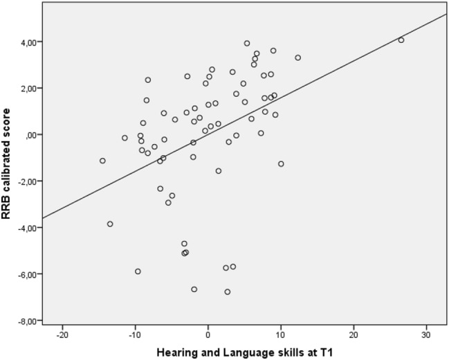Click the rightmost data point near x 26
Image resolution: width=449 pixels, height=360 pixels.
coord(401,40)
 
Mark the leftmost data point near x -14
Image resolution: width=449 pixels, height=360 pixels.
coord(102,161)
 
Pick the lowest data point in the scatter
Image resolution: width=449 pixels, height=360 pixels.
coord(227,292)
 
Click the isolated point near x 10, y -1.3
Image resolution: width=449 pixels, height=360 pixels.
coord(281,164)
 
